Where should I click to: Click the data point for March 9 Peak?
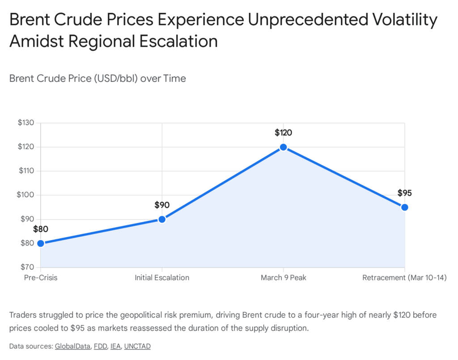[283, 147]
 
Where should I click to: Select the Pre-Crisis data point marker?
[41, 243]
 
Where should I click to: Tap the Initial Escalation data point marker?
[162, 219]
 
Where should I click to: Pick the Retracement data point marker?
[404, 207]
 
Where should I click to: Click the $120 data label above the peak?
[283, 133]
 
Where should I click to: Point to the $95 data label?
[404, 193]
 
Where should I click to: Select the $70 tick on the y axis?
[26, 267]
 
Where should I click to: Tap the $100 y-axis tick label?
[25, 195]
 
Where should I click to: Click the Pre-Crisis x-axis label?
[41, 278]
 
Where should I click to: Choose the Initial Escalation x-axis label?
[162, 278]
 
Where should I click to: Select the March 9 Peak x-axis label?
[283, 278]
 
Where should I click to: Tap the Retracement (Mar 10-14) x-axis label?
[404, 278]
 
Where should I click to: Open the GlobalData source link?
[72, 346]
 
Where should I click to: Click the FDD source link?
[100, 346]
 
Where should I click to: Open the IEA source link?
[115, 346]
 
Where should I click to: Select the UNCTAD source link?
[137, 346]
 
